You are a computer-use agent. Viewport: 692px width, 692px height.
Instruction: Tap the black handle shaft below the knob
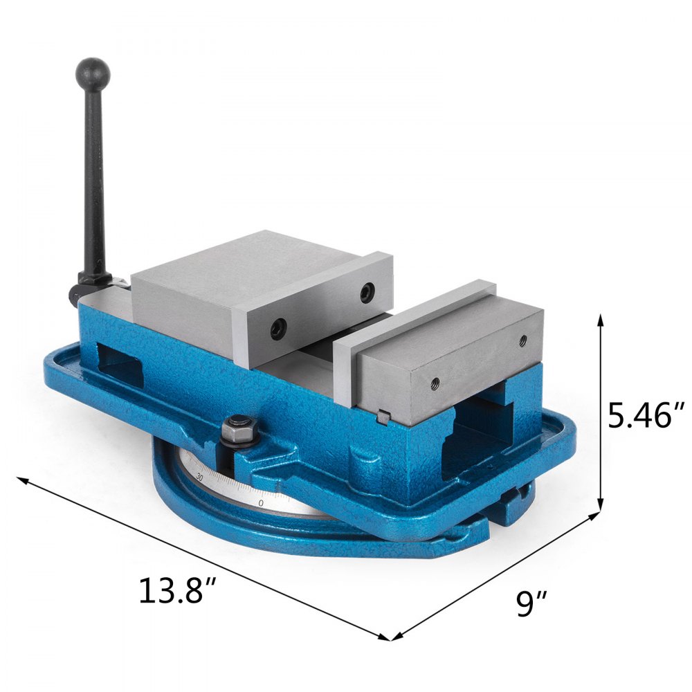[95, 180]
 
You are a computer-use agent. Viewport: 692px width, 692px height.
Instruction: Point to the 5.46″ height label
[646, 416]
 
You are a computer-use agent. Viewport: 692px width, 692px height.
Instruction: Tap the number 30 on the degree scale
[200, 477]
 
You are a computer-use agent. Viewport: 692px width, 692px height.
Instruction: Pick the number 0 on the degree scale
[260, 503]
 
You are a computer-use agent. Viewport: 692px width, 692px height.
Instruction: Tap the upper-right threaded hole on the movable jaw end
[522, 340]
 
